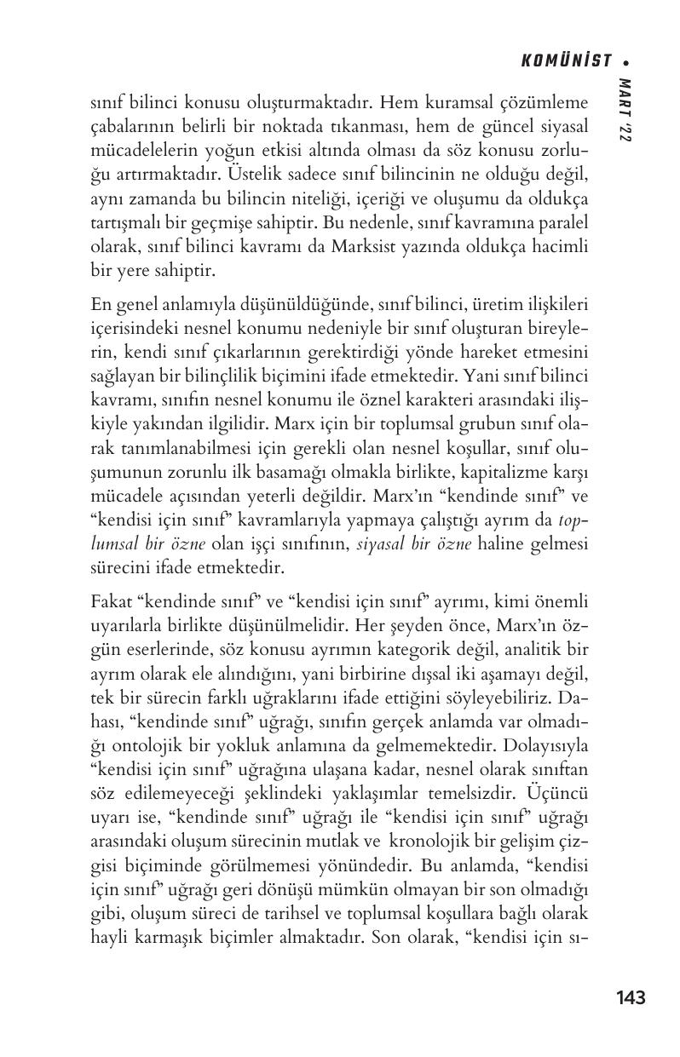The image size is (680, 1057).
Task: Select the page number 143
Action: (630, 997)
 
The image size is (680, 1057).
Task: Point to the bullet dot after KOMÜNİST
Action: (626, 62)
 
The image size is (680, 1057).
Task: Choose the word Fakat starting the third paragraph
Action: (110, 600)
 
